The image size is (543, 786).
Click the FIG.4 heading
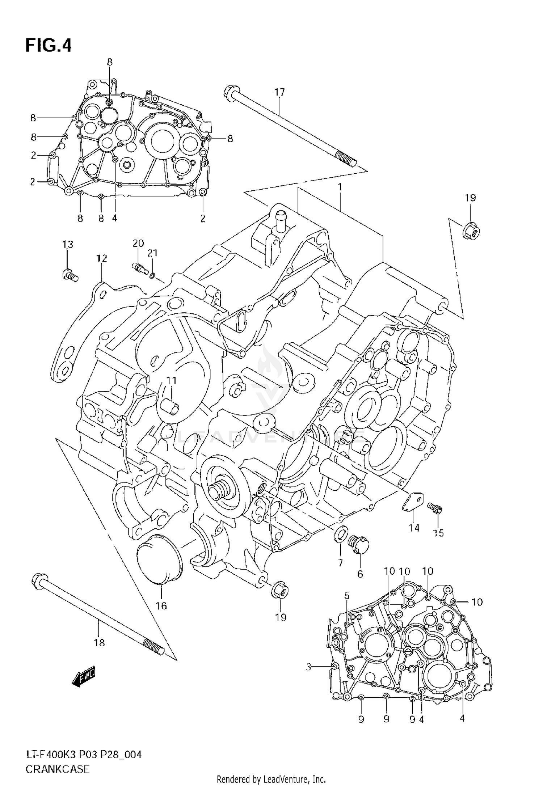click(49, 46)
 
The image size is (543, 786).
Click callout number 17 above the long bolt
click(279, 92)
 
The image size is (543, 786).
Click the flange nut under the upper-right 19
click(471, 230)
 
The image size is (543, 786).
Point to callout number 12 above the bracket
click(102, 258)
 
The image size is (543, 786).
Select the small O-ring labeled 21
click(152, 276)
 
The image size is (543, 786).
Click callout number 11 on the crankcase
click(171, 380)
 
